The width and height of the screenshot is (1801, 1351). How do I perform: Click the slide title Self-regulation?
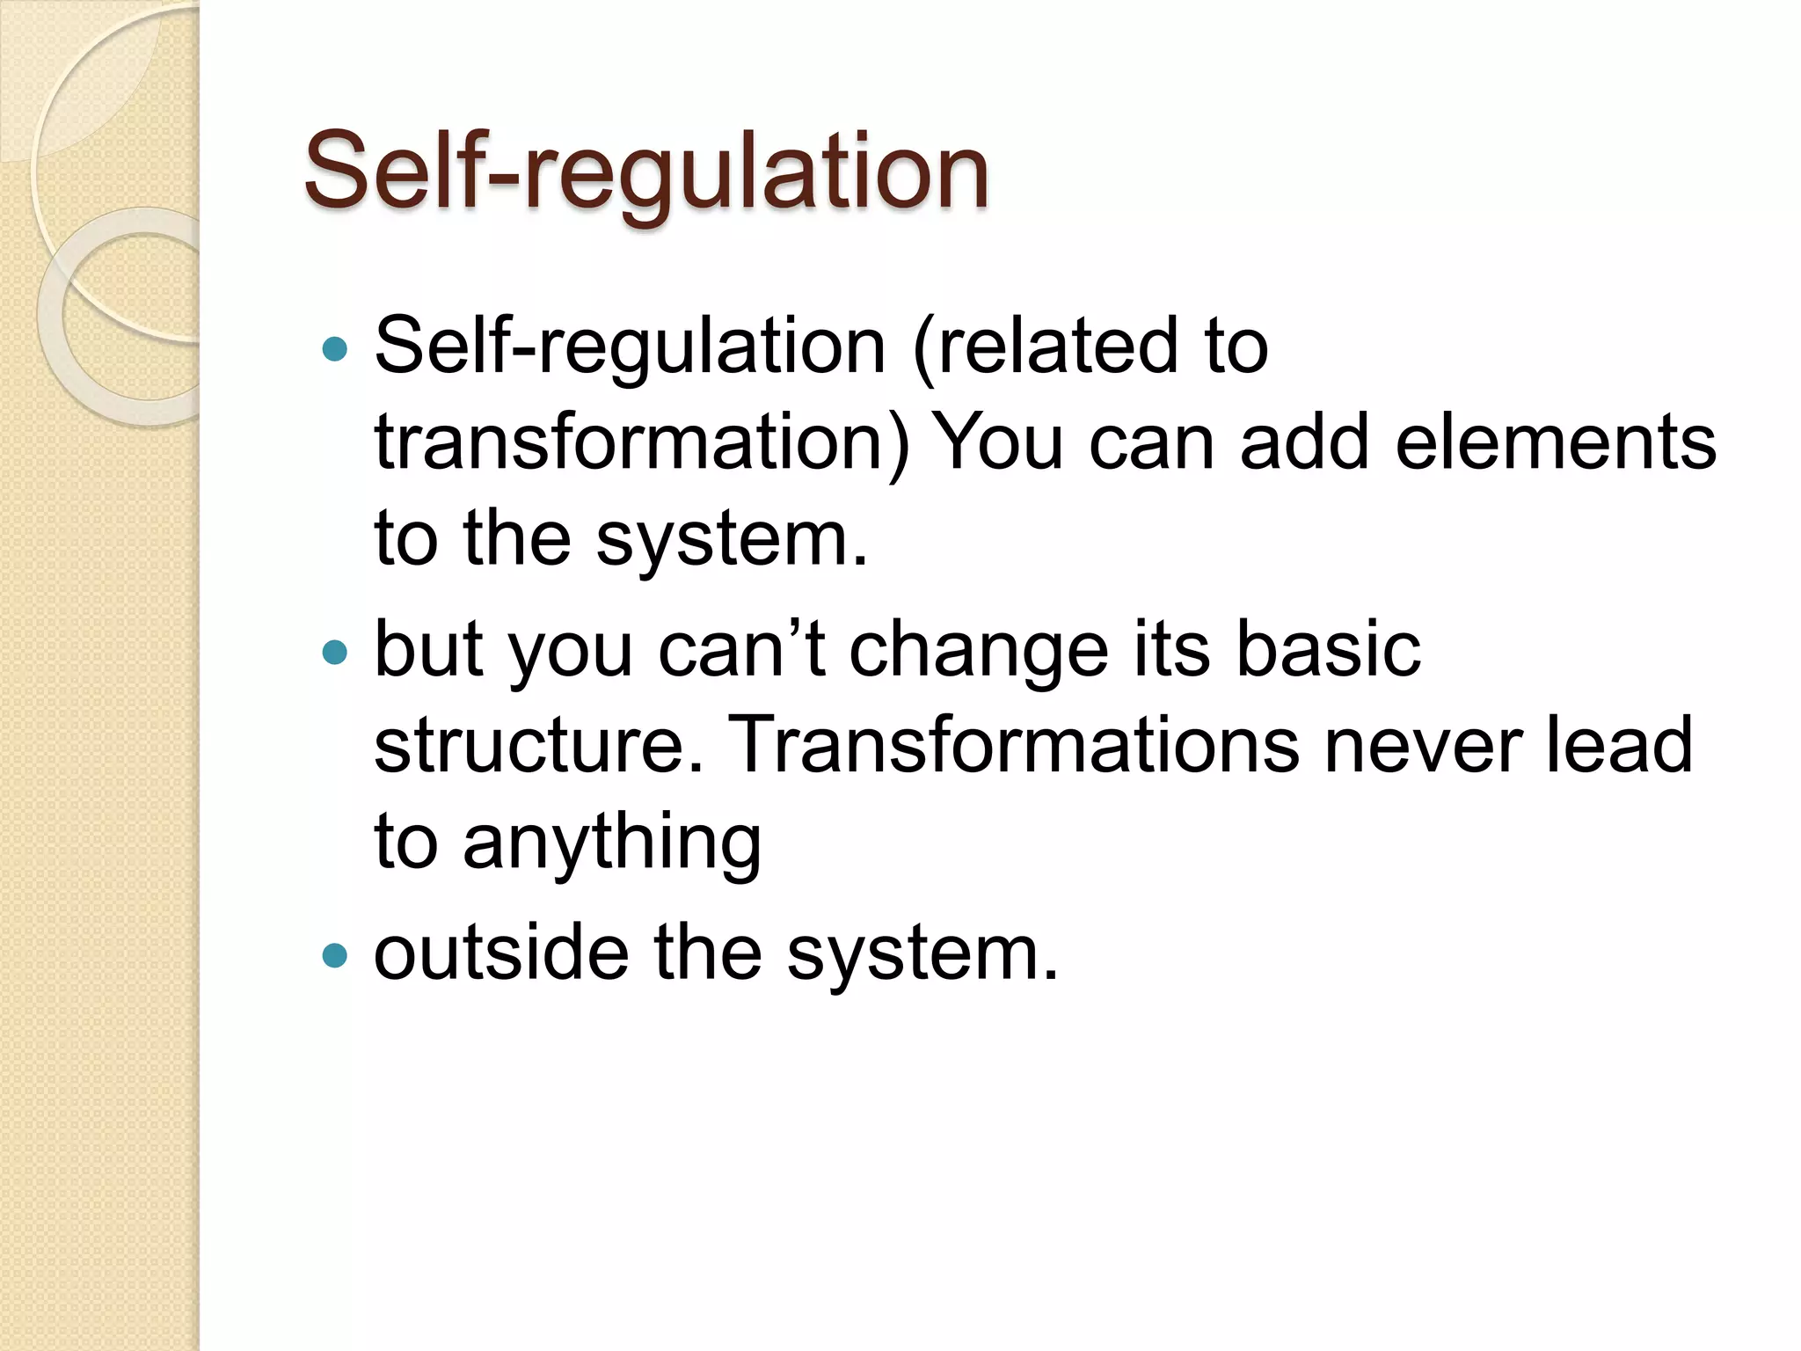(646, 172)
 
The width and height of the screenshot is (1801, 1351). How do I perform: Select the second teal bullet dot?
(335, 653)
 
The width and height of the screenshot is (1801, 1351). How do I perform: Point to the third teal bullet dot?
(335, 955)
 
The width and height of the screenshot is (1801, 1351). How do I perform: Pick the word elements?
(1556, 442)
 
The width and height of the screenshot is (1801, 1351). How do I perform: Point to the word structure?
(539, 746)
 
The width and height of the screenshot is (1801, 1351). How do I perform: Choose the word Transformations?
(1015, 746)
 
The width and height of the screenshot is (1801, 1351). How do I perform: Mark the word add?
(1304, 442)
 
